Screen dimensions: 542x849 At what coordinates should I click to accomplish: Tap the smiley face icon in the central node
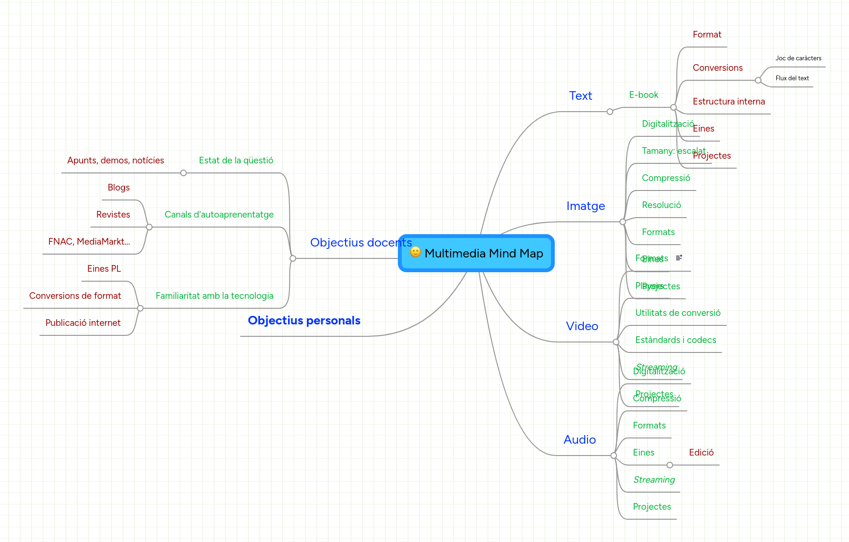coord(415,252)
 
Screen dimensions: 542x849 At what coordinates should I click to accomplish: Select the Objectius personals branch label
coord(304,321)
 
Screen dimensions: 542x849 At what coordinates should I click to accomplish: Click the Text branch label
coord(580,96)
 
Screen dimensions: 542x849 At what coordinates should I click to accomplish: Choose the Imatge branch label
coord(585,206)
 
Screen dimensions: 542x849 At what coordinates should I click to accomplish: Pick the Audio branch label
coord(579,440)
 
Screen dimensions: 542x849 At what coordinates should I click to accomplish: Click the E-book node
coord(643,95)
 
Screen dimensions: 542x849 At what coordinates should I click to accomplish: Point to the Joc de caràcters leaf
coord(798,58)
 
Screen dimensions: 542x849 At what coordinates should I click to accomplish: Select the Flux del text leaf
coord(792,78)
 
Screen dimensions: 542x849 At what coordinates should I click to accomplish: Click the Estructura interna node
coord(728,102)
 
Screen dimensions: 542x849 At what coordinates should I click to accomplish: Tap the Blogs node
coord(118,188)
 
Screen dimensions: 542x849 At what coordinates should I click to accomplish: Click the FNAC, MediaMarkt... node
coord(89,242)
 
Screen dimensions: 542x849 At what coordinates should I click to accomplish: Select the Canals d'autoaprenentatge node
coord(219,215)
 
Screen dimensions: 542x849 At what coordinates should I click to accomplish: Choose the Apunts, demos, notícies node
coord(116,161)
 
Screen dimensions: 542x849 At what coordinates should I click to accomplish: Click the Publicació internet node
coord(83,323)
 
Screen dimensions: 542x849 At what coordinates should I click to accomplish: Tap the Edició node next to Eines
coord(701,453)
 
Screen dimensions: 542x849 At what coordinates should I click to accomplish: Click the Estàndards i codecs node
coord(675,340)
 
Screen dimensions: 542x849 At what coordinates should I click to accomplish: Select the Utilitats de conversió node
coord(677,313)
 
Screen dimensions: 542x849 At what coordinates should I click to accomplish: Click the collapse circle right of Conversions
coord(758,80)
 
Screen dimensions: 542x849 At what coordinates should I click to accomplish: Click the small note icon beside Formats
coord(679,257)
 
